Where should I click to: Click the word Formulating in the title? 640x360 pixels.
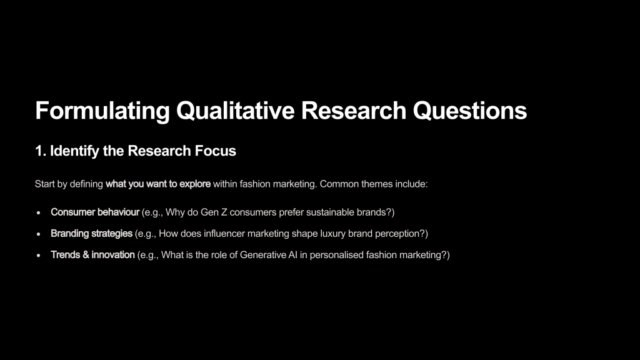[102, 111]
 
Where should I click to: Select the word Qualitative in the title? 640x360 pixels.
[235, 111]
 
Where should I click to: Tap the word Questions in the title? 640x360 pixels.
[470, 111]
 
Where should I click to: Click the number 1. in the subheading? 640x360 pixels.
[40, 151]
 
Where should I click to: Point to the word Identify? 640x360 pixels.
[75, 151]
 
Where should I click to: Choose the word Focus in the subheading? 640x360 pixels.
[216, 151]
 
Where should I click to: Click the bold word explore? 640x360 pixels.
[195, 184]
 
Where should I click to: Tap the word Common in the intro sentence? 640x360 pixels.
[336, 184]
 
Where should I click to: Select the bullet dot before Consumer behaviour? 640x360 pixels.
[38, 212]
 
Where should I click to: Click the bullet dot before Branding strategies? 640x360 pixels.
[38, 234]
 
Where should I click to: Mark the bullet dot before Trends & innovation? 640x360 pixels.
[38, 255]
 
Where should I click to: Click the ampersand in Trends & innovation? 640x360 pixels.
[86, 255]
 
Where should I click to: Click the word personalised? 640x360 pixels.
[336, 255]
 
